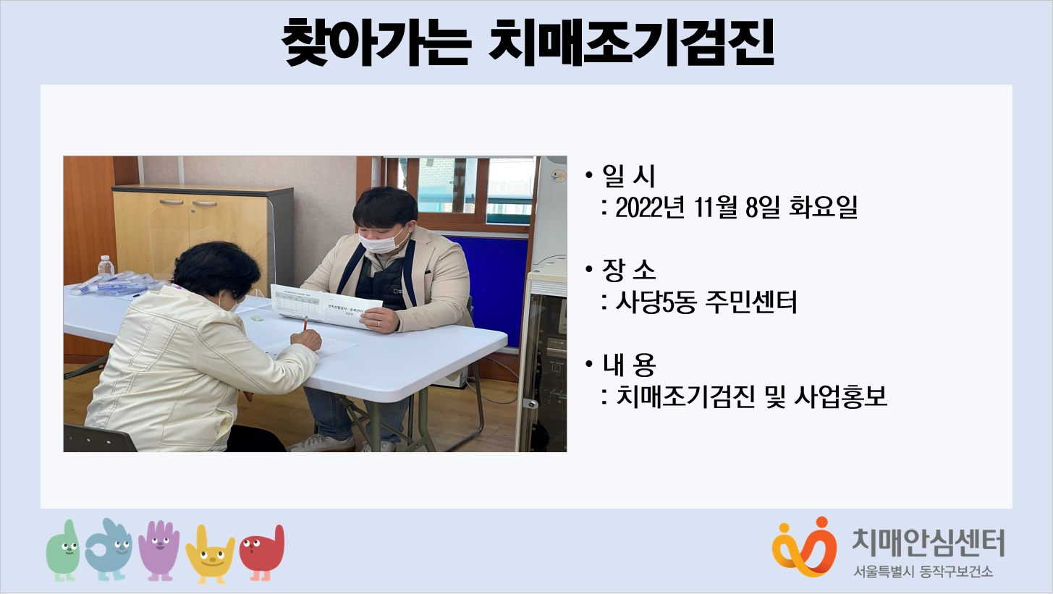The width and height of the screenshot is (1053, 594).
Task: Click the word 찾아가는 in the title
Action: click(x=376, y=42)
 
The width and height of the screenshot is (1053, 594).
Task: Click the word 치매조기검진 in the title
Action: click(x=631, y=42)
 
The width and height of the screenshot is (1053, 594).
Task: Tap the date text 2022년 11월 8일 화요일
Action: click(x=736, y=207)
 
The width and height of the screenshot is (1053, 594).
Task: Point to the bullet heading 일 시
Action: click(x=628, y=176)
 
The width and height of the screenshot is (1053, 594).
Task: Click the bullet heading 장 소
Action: click(x=628, y=270)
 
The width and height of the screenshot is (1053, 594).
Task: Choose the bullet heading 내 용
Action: click(x=628, y=365)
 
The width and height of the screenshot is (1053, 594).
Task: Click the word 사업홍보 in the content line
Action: click(x=840, y=396)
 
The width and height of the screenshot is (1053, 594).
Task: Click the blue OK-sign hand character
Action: click(x=109, y=549)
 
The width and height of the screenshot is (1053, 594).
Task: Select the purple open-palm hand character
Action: click(x=159, y=550)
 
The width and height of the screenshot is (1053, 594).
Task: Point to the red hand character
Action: click(x=262, y=553)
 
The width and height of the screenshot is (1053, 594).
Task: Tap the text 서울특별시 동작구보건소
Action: click(x=923, y=572)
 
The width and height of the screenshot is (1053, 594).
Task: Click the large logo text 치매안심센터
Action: click(x=929, y=543)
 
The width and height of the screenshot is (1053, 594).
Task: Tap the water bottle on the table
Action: click(x=106, y=266)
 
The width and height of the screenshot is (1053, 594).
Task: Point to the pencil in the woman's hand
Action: click(x=305, y=324)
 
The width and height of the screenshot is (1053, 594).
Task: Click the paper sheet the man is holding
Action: click(x=326, y=305)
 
